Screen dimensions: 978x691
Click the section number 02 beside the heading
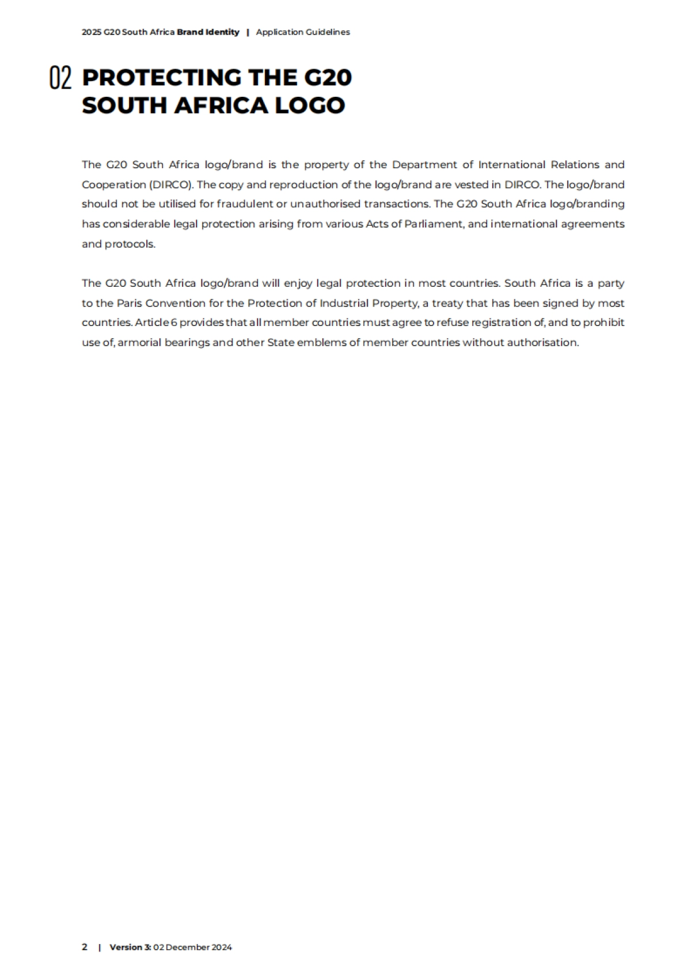(60, 78)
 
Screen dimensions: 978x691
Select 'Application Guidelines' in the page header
(303, 32)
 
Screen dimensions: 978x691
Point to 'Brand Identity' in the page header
(208, 32)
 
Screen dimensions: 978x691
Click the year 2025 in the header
(91, 32)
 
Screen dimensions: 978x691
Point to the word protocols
(130, 244)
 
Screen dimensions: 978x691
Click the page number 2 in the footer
(85, 947)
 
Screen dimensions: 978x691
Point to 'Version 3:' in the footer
(130, 947)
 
